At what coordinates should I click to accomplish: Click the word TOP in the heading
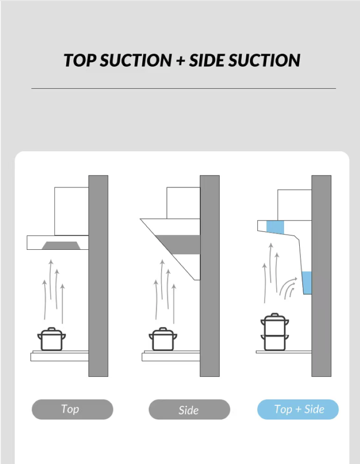point(80,60)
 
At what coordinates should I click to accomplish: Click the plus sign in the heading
point(180,61)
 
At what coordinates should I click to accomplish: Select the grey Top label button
point(72,409)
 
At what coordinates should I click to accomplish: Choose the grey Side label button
point(189,410)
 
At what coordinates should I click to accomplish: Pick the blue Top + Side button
point(298,409)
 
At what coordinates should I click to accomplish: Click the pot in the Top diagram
point(51,339)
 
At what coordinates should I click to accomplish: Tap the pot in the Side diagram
point(163,339)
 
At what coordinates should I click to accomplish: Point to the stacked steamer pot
point(275,332)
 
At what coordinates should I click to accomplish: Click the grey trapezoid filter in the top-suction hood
point(61,246)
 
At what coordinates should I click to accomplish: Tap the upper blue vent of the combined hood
point(275,227)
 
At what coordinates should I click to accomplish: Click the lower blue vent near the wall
point(307,283)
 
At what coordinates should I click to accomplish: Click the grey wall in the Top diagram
point(98,276)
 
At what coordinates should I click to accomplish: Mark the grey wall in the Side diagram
point(210,276)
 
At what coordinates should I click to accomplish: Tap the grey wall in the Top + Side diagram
point(321,276)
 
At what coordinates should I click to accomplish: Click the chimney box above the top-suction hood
point(72,211)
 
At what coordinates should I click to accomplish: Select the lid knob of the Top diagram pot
point(51,329)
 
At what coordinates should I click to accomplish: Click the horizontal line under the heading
point(184,88)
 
